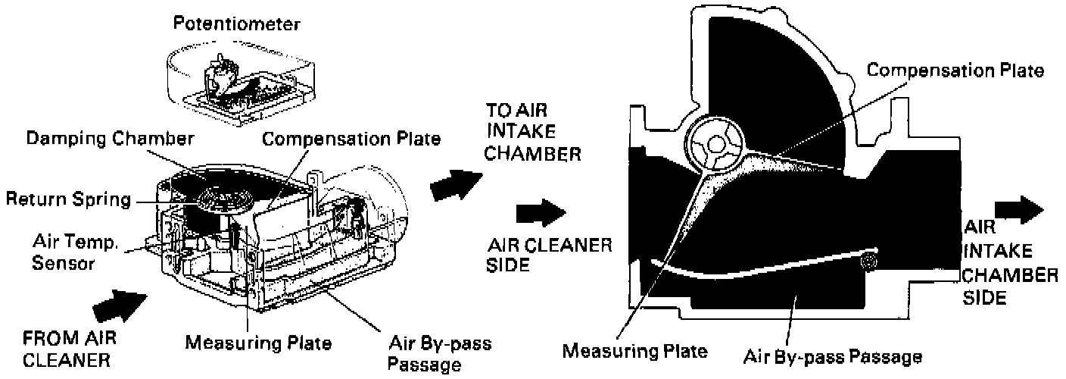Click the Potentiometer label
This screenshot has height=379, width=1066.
[235, 24]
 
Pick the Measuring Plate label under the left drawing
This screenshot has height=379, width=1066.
[258, 343]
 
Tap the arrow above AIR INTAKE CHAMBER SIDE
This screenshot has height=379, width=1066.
[1020, 209]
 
